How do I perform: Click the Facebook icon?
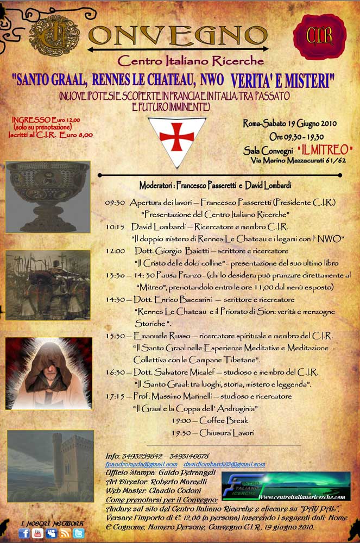pyautogui.click(x=24, y=533)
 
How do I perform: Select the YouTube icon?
pyautogui.click(x=37, y=533)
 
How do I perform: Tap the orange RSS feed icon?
pyautogui.click(x=65, y=533)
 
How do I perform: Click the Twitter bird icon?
pyautogui.click(x=79, y=533)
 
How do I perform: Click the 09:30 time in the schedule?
pyautogui.click(x=115, y=203)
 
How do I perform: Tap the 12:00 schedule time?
pyautogui.click(x=116, y=251)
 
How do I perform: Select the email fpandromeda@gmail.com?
pyautogui.click(x=141, y=465)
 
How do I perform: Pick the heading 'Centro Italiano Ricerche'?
pyautogui.click(x=191, y=61)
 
